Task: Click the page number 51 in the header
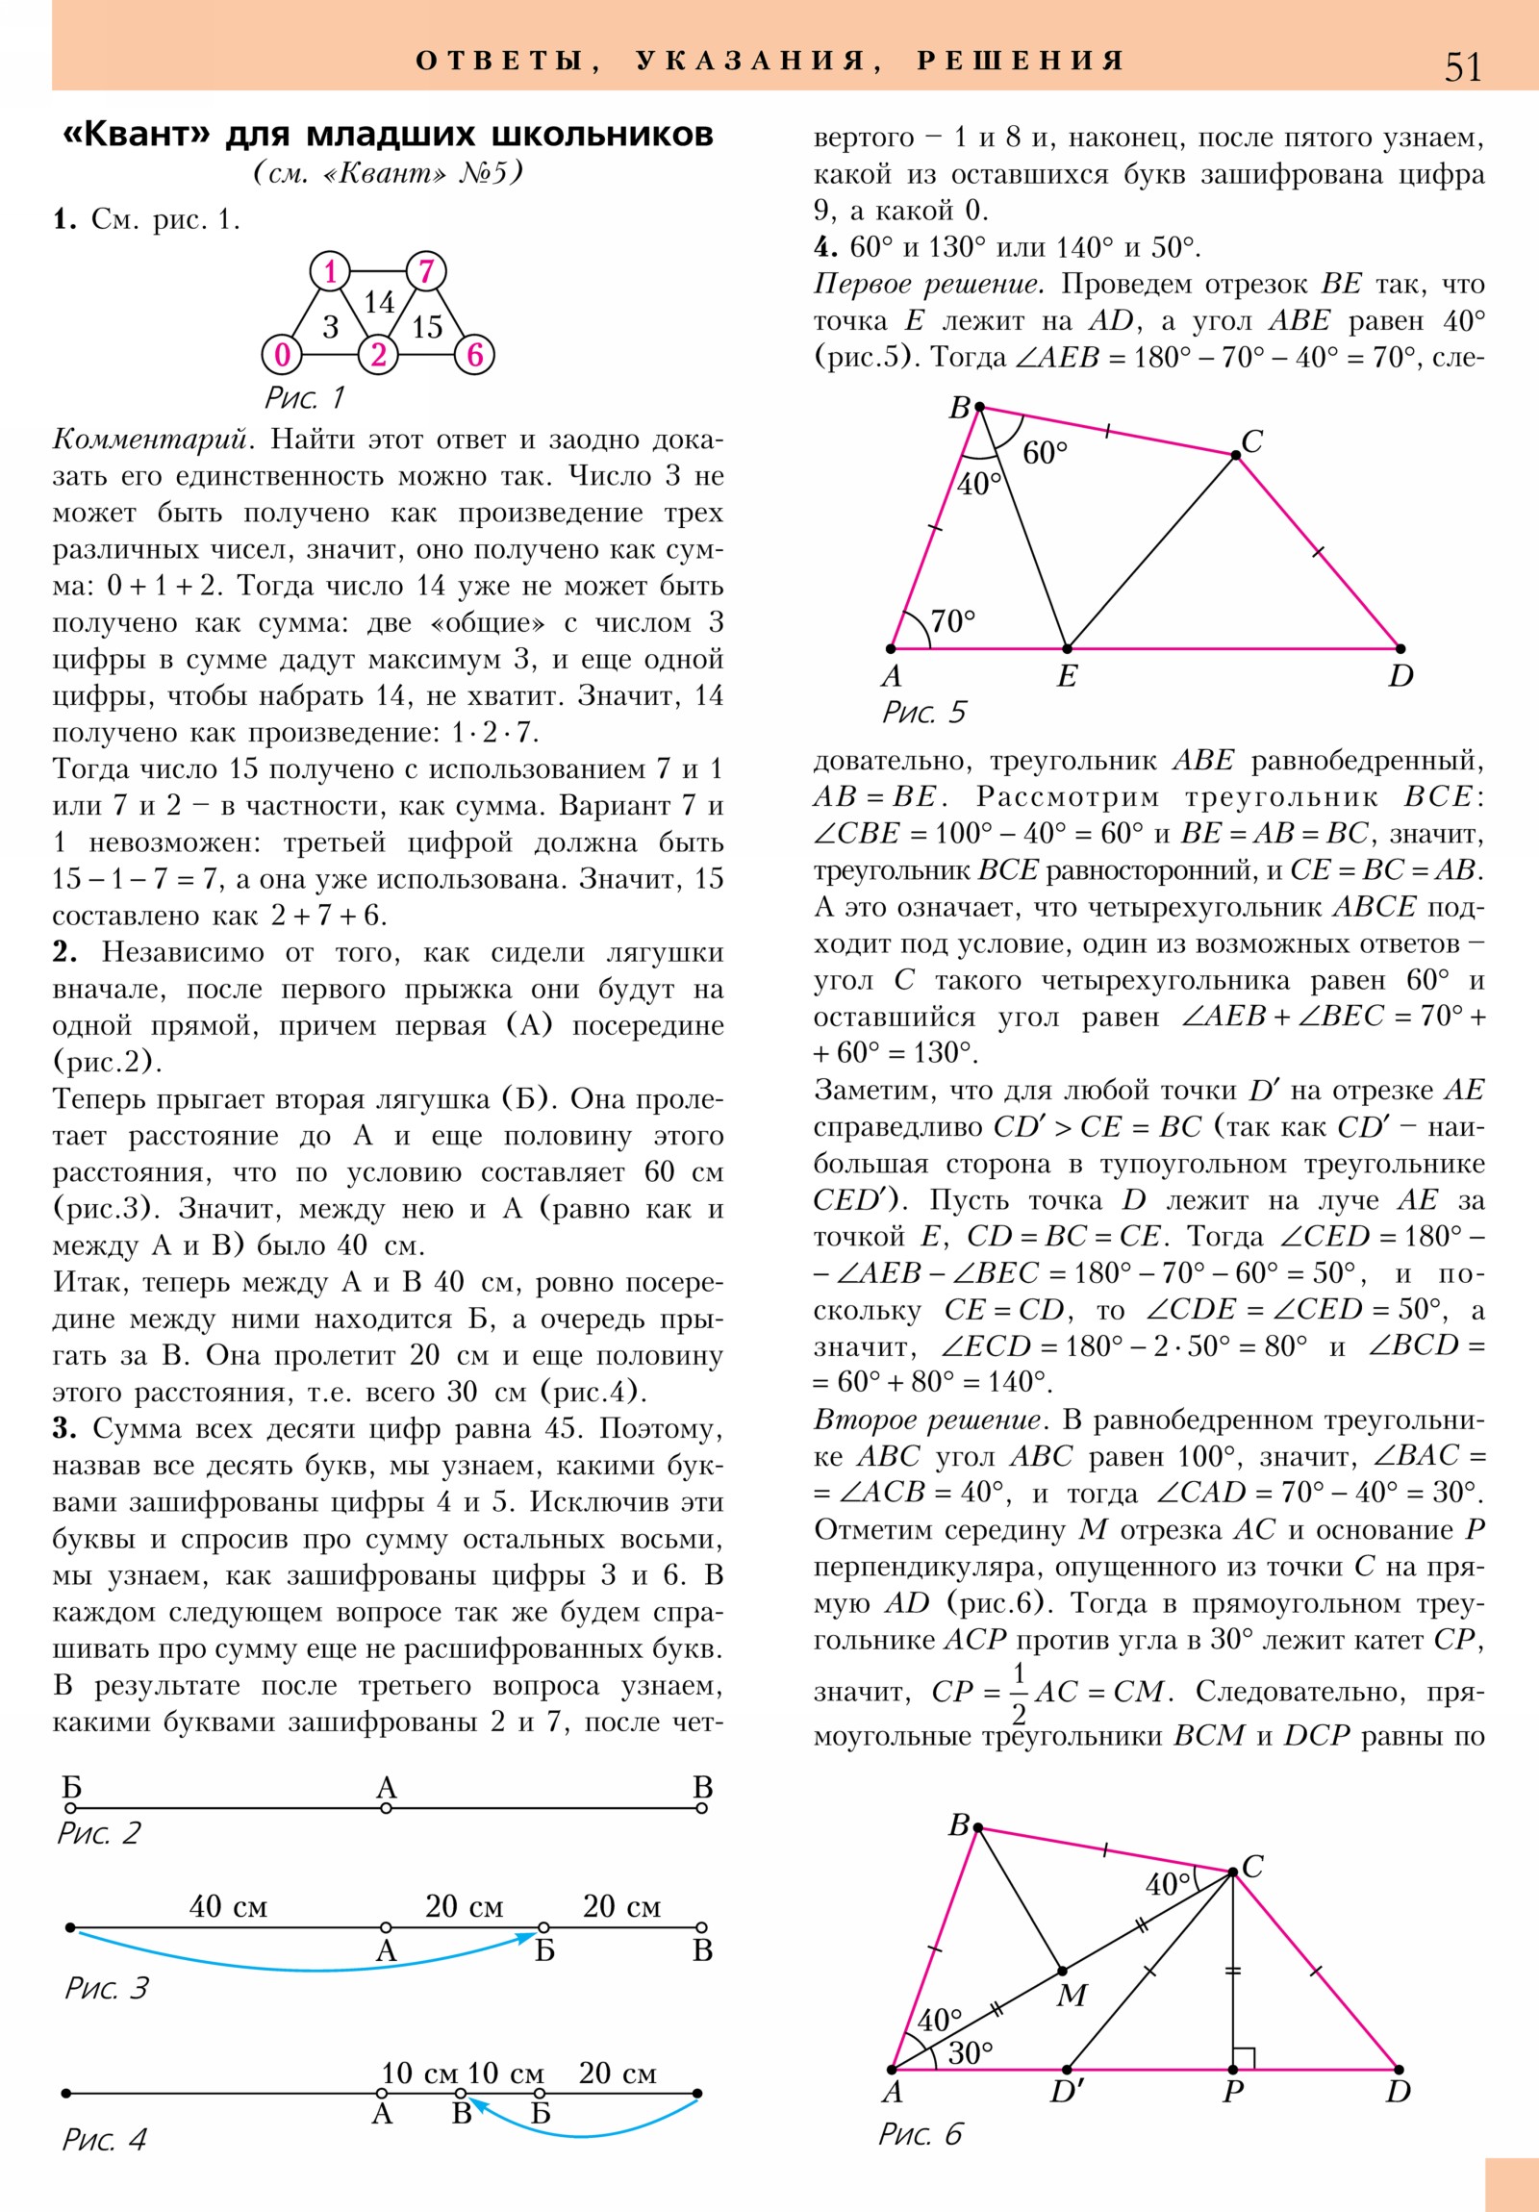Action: coord(1462,67)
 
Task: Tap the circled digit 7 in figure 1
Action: coord(426,270)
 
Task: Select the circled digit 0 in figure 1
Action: coord(282,355)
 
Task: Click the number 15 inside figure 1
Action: coord(426,328)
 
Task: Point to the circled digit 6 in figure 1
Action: coord(474,355)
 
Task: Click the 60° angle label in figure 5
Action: coord(1045,452)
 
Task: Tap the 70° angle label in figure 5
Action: coord(952,620)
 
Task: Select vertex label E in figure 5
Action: coord(1066,676)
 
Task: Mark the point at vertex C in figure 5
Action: coord(1235,455)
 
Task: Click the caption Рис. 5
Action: coord(923,712)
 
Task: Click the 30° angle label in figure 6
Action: coord(971,2053)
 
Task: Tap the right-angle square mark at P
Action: coord(1244,2058)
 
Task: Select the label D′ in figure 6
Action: coord(1066,2092)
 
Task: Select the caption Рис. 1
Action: coord(304,397)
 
